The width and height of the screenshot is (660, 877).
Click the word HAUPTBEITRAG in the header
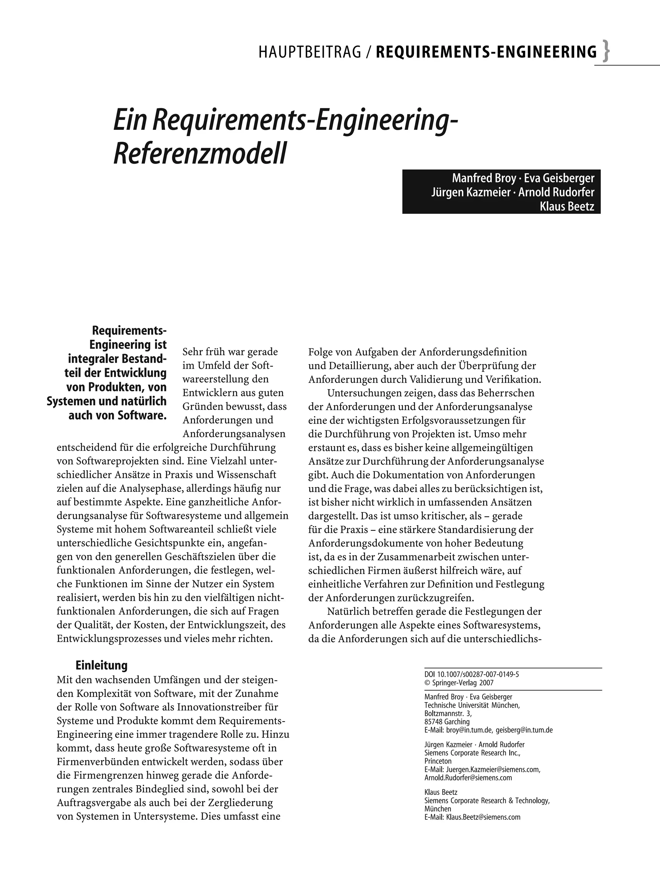point(310,52)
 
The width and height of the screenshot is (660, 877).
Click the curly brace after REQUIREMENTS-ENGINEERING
point(606,52)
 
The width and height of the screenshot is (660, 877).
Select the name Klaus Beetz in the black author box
point(567,206)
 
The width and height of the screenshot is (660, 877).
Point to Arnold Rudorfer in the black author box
point(556,192)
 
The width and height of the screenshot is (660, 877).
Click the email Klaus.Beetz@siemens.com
point(483,817)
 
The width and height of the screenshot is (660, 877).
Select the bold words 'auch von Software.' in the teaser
point(117,415)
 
